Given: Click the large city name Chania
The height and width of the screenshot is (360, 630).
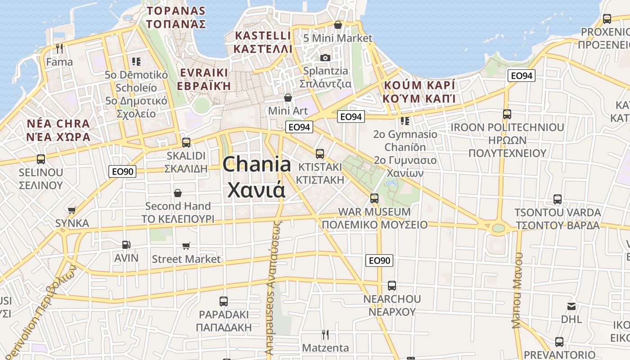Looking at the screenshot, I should tap(256, 165).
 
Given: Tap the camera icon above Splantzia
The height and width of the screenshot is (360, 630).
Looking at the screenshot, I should tap(325, 58).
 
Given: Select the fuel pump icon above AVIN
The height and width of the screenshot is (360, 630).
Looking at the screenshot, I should tap(126, 245).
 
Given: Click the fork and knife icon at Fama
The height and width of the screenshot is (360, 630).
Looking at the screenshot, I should tap(59, 48).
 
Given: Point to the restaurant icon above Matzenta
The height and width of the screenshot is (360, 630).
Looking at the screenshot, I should tap(325, 334).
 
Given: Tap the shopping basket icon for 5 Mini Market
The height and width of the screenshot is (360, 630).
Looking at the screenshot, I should tap(338, 25).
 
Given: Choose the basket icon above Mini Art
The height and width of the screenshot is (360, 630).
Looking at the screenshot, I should tap(288, 98).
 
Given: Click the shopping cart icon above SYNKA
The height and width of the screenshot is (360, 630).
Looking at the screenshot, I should tap(72, 210).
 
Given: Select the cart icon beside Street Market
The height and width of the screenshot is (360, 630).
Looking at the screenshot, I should tap(186, 246).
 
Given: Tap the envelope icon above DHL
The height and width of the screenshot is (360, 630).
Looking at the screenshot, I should tap(571, 306).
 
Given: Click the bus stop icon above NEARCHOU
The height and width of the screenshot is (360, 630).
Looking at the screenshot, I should tap(392, 285).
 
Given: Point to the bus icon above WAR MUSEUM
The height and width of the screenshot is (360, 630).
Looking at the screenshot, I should tap(374, 198).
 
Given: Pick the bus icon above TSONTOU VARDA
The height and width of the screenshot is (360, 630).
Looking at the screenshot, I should tap(558, 199).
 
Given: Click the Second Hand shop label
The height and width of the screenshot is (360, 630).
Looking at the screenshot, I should tap(178, 206).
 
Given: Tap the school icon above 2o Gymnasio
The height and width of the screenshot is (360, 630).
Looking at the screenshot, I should tap(405, 121).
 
